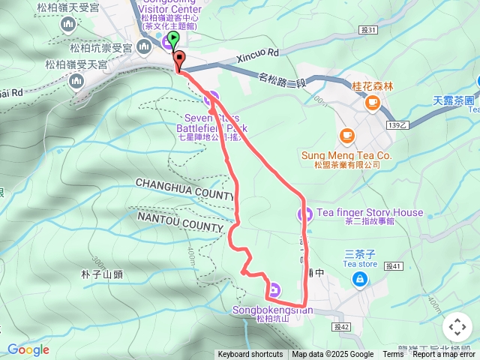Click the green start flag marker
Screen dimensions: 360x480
174,38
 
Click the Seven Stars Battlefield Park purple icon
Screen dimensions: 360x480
211,97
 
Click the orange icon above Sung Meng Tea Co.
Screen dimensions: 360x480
346,136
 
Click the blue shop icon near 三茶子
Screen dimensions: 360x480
360,280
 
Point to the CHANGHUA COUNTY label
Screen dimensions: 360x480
185,188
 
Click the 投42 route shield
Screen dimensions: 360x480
343,327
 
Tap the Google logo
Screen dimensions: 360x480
28,349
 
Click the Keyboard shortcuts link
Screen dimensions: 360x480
251,355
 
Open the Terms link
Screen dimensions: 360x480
393,355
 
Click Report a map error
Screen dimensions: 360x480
445,355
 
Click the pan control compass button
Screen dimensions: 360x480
457,327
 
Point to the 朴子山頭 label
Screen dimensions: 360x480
103,274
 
